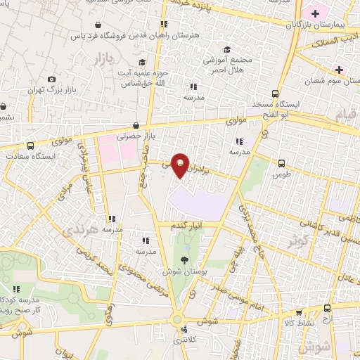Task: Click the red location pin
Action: [x=181, y=165]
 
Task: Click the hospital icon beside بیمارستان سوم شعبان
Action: [x=340, y=69]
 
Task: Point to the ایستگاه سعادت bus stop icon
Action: [x=30, y=145]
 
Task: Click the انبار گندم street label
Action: [x=185, y=225]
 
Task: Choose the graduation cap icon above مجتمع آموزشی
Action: [x=226, y=49]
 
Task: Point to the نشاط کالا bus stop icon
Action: [x=300, y=313]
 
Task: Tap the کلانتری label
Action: [x=185, y=339]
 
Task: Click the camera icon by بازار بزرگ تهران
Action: [x=51, y=79]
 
